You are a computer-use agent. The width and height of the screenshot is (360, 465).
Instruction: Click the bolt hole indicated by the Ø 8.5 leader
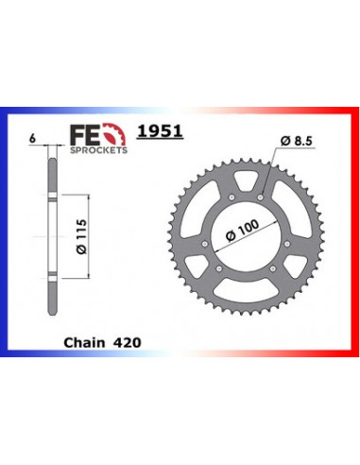click(260, 197)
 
